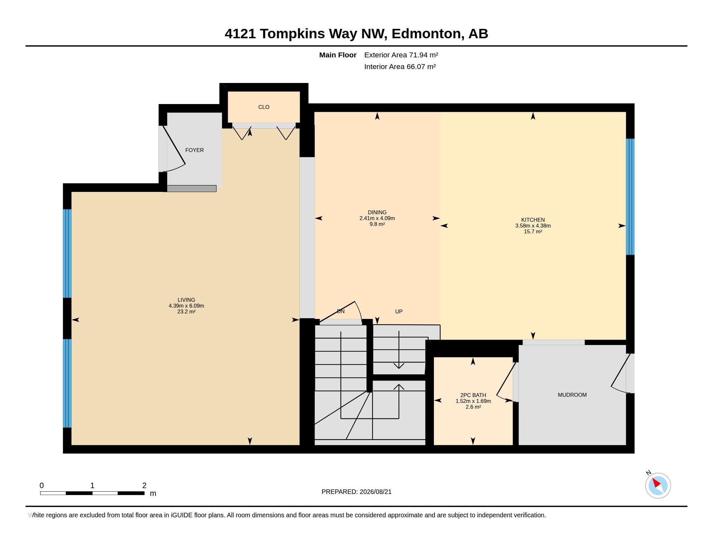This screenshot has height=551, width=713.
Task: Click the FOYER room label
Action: pos(194,150)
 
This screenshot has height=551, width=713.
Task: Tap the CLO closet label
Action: pos(264,107)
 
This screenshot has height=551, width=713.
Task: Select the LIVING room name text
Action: pos(186,300)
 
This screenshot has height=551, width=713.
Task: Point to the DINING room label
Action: pos(377,212)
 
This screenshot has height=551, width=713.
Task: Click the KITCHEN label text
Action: pos(533,220)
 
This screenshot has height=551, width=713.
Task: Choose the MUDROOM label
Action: pos(572,395)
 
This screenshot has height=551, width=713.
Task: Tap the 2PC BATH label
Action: pos(473,395)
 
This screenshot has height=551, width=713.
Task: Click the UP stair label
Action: pos(399,311)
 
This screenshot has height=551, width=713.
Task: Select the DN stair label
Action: pos(341,311)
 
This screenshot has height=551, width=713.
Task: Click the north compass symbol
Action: pos(658,486)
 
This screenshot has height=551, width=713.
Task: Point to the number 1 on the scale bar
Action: pos(92,486)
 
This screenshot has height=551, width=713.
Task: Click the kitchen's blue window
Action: pos(630,197)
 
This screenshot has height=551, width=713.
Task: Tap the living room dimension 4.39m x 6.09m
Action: pos(186,306)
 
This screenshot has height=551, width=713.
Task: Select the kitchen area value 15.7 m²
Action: pos(533,231)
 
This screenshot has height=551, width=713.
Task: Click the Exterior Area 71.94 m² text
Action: pos(401,55)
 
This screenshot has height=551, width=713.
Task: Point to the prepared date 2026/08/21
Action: pos(375,492)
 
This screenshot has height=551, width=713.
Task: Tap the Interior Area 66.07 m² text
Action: pos(400,66)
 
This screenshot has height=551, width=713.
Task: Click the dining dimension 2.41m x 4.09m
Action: pos(377,218)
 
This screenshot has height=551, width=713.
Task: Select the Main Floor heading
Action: pos(338,55)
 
